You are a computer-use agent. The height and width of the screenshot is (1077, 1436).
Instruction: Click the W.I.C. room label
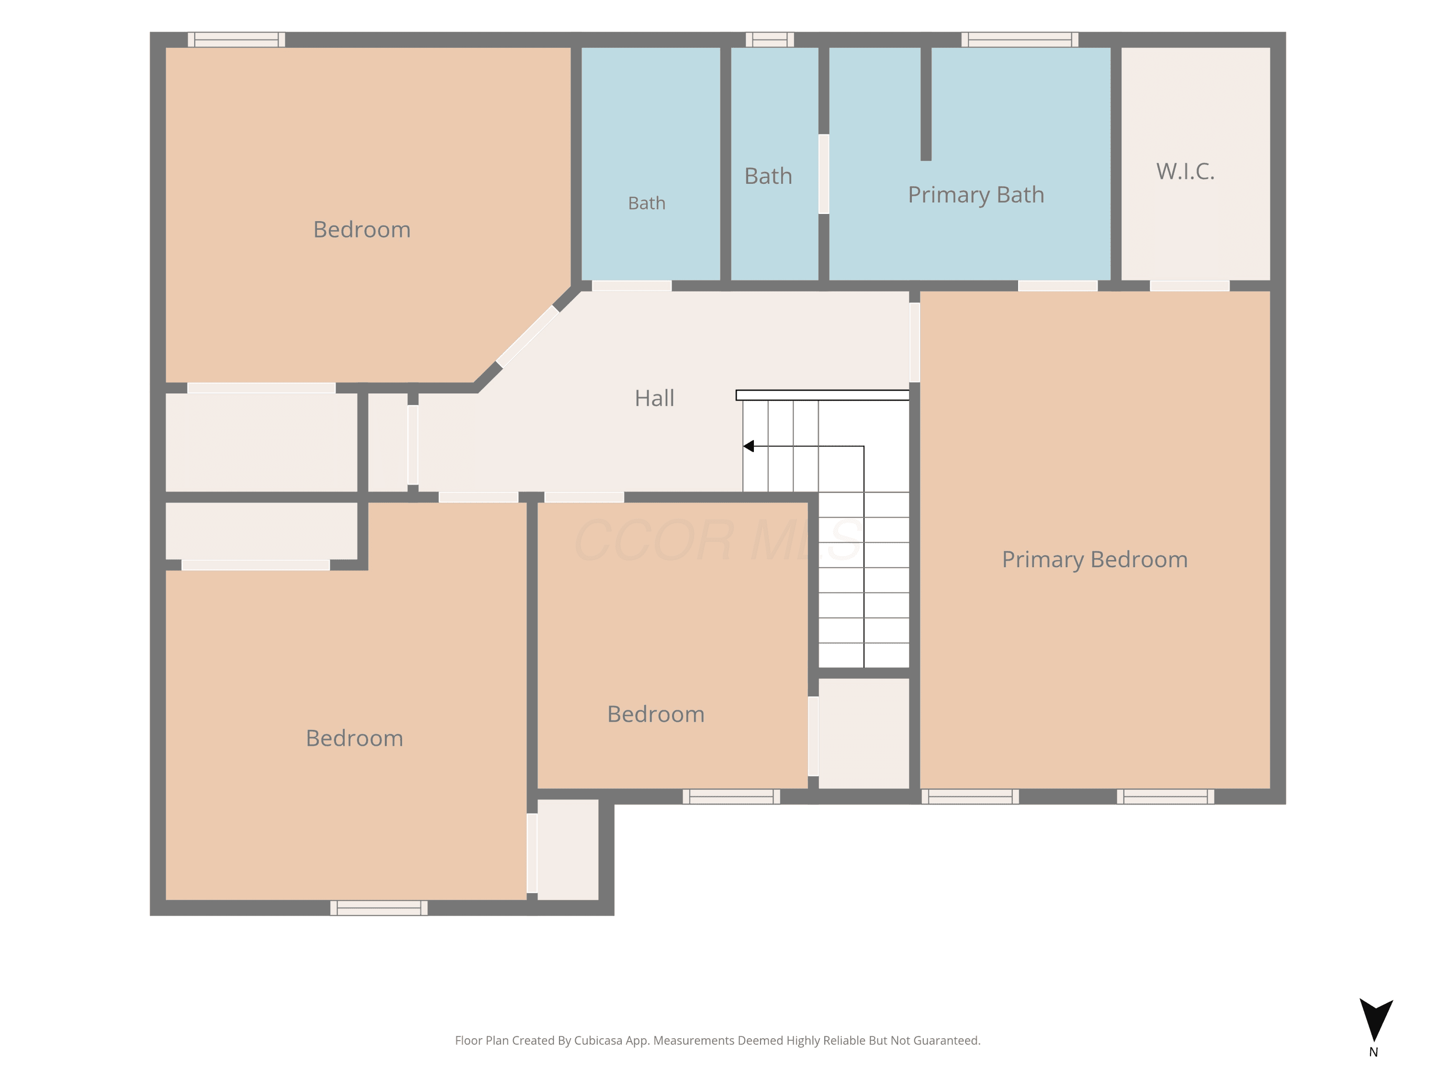coord(1185,171)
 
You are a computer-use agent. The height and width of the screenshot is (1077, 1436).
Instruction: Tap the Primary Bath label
coord(976,195)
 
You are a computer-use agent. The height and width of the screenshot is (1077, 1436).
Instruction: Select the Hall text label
coord(654,398)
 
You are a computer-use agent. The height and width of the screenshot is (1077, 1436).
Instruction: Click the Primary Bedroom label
coord(1095,560)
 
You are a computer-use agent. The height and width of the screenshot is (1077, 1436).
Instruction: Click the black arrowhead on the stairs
coord(749,446)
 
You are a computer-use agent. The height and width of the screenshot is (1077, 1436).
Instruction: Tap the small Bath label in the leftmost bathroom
coord(647,203)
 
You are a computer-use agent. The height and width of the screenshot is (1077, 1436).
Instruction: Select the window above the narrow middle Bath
coord(770,40)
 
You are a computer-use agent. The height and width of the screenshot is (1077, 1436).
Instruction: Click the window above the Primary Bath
coord(1020,40)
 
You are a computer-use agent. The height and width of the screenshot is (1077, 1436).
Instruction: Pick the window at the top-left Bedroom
coord(236,40)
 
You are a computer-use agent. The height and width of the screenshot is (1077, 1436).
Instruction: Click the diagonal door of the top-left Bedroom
coord(527,337)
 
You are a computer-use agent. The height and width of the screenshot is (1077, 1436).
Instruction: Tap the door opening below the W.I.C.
coord(1189,286)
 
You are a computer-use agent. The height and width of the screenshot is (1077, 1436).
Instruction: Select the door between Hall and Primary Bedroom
coord(914,342)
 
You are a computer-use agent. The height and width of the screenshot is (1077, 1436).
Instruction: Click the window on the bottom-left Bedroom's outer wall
coord(379,908)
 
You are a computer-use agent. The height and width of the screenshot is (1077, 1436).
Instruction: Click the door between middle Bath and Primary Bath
coord(823,174)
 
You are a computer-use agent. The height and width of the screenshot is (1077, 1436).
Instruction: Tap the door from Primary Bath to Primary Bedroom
coord(1057,286)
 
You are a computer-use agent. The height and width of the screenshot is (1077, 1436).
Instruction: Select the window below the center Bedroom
coord(731,797)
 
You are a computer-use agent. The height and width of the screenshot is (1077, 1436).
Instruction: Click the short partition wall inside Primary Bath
coord(926,104)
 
